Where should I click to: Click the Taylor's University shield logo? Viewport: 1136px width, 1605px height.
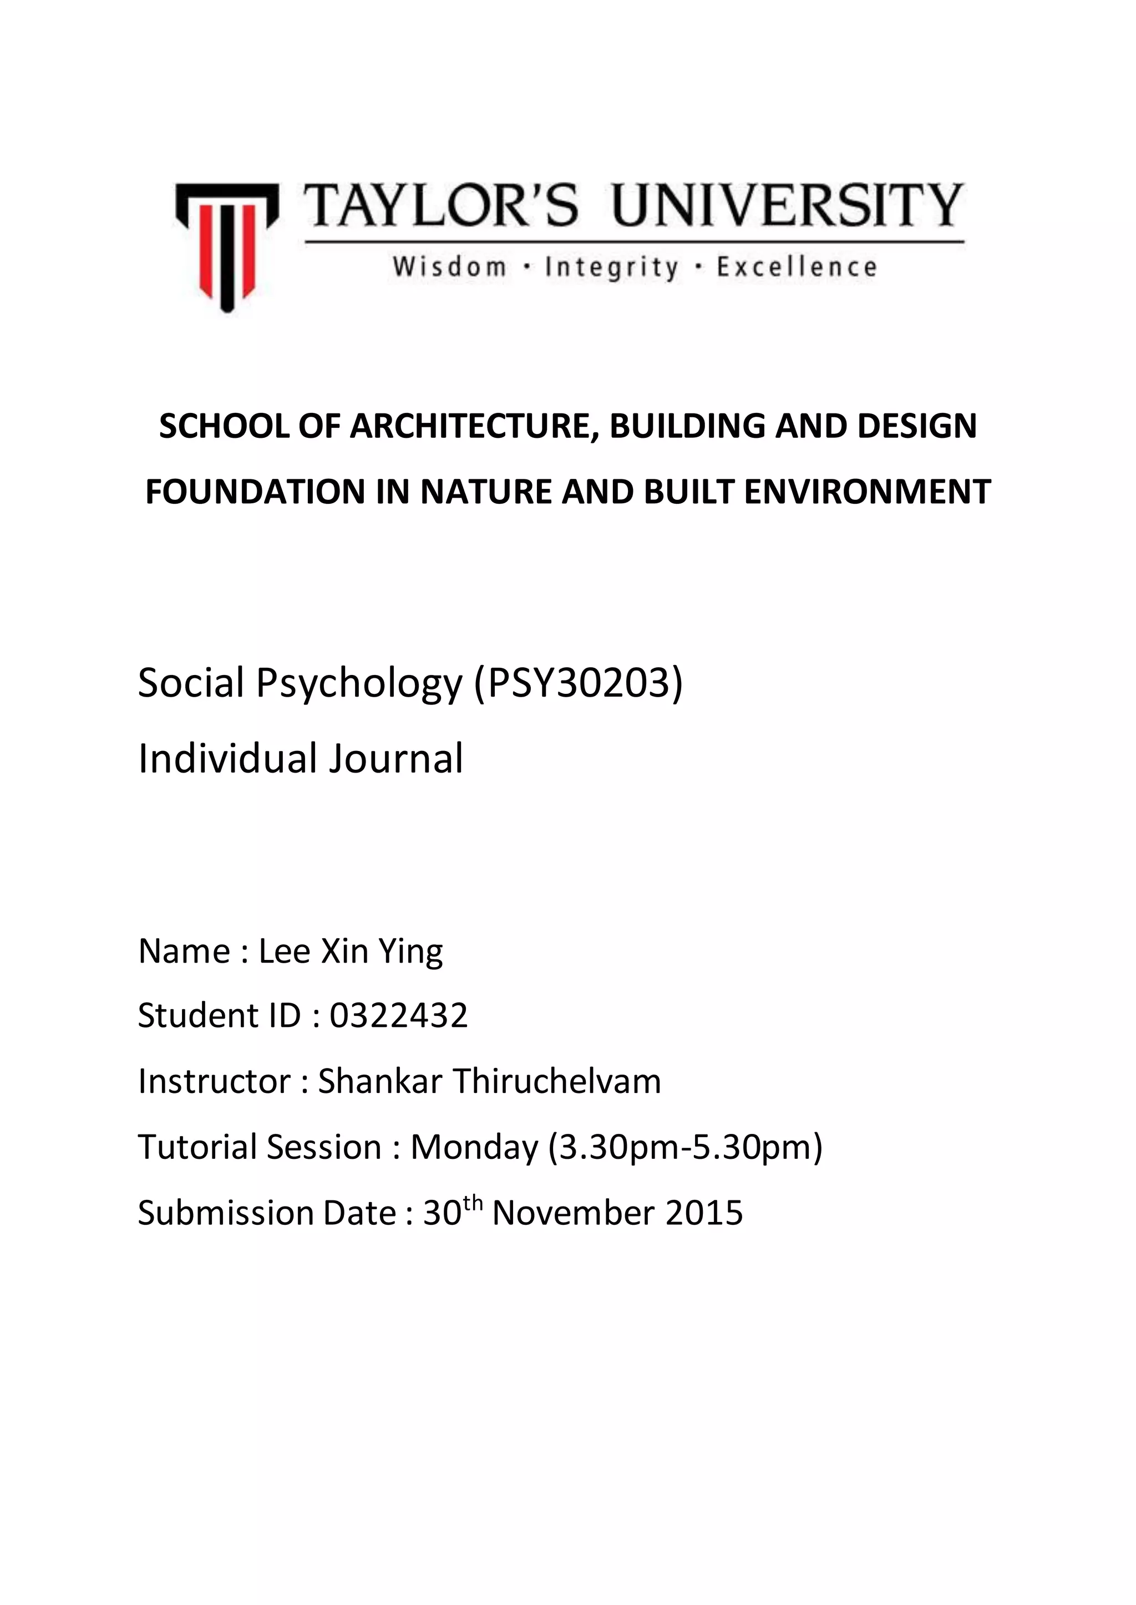[x=227, y=246]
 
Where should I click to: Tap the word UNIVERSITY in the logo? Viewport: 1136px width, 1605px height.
[x=788, y=206]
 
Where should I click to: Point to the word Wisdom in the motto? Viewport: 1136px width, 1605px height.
[x=449, y=267]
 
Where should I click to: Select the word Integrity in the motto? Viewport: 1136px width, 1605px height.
[x=611, y=268]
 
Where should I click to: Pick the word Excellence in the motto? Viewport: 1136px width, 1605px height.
[x=796, y=267]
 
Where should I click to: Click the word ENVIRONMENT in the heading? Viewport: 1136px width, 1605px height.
[x=868, y=492]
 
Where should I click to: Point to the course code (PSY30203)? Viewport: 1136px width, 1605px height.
[x=579, y=683]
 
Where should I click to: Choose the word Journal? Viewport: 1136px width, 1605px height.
[x=396, y=759]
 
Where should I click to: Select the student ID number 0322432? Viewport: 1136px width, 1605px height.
[x=399, y=1016]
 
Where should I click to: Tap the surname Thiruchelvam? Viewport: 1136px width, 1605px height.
[x=557, y=1081]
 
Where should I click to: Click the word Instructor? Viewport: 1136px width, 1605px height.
[x=214, y=1081]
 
